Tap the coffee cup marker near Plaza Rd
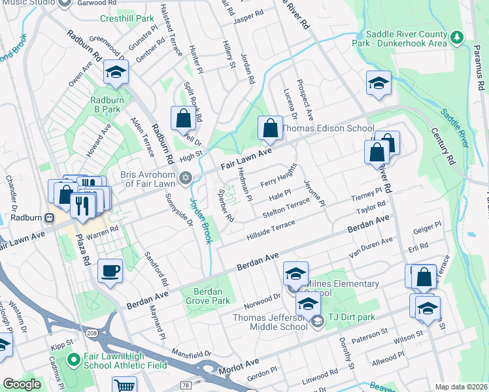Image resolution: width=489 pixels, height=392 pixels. (110, 270)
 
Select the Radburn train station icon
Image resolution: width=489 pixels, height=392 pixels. (49, 217)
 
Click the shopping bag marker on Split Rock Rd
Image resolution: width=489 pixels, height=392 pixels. (183, 118)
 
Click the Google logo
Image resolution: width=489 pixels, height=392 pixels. (22, 384)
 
